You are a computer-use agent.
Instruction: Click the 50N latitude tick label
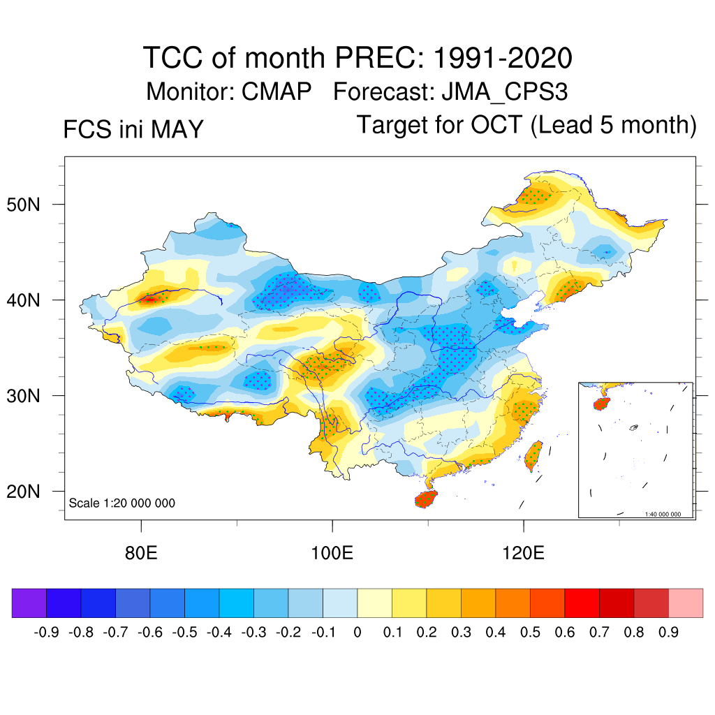tap(23, 205)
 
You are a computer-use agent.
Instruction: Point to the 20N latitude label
tap(23, 492)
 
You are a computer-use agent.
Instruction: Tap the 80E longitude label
tap(141, 553)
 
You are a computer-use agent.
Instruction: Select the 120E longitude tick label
tap(523, 553)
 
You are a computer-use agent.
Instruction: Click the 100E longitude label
tap(332, 553)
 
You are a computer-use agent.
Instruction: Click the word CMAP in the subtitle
tap(277, 91)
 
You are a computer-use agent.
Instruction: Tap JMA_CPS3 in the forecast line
tap(505, 92)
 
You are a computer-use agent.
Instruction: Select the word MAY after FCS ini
tap(177, 129)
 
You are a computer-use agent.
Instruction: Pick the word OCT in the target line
tap(496, 124)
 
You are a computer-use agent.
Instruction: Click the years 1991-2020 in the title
tap(503, 58)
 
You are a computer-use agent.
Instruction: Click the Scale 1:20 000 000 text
tap(121, 503)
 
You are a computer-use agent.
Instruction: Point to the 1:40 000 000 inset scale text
tap(663, 514)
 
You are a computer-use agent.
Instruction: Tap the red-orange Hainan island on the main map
tap(426, 499)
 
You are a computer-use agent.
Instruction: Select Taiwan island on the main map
tap(534, 455)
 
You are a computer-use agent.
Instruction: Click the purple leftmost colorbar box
tap(29, 603)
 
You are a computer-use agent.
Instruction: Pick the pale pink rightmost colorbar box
tap(686, 603)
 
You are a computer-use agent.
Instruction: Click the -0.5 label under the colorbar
tap(184, 633)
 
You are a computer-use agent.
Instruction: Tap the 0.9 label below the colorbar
tap(668, 633)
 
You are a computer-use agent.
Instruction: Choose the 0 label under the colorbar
tap(357, 633)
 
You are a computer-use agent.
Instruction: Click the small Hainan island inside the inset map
tap(601, 404)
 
